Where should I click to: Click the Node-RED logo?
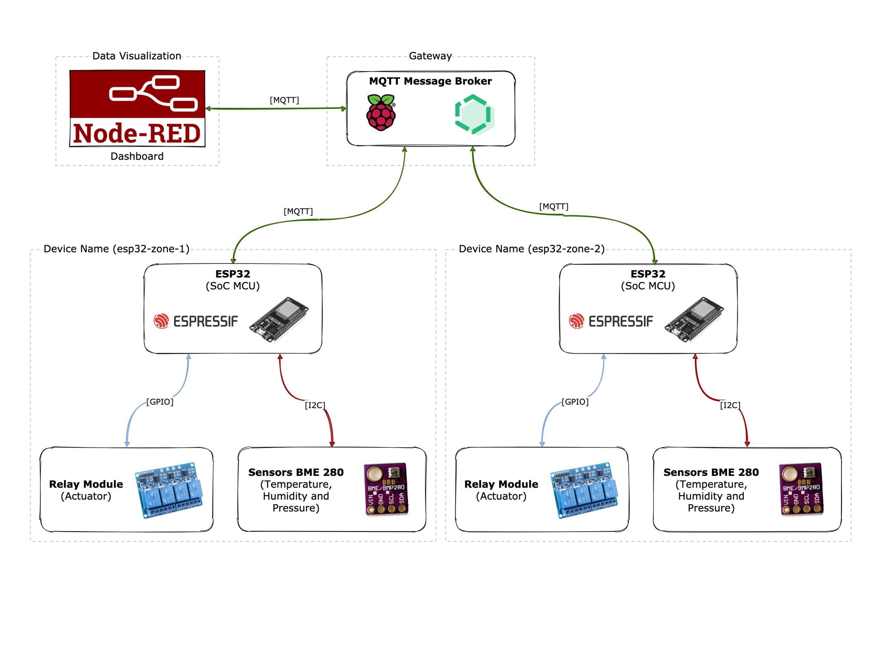pos(137,108)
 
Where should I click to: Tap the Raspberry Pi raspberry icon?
pos(381,113)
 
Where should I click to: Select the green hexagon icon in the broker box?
pos(474,115)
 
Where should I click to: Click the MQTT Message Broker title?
pos(430,81)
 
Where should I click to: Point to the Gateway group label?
pos(430,56)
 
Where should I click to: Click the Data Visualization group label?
pos(137,56)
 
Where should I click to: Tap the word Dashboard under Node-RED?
pos(137,156)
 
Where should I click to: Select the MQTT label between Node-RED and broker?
pos(284,100)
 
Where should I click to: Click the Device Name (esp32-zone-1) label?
pos(116,249)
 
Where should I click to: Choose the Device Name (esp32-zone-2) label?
pos(532,249)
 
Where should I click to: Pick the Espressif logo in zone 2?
pos(611,321)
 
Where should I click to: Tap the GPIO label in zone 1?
pos(160,402)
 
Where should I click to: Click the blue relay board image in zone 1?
pos(169,490)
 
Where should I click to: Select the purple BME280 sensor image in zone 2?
pos(802,489)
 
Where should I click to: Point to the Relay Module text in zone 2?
pos(501,484)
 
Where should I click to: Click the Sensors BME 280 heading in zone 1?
pos(296,472)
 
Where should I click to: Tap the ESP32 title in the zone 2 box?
pos(648,274)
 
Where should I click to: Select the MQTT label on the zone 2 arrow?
pos(553,207)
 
